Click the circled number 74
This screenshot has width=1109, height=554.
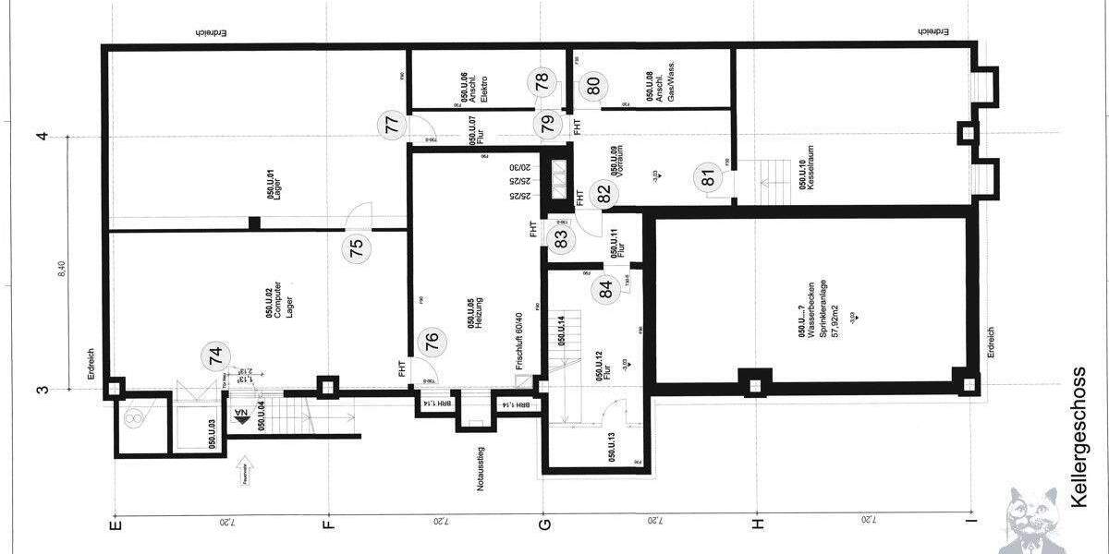[x=216, y=357]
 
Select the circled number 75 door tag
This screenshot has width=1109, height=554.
[x=358, y=247]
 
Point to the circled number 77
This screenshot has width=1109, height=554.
[x=392, y=126]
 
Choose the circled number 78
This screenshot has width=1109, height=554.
[x=546, y=80]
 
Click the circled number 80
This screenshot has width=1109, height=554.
[x=593, y=85]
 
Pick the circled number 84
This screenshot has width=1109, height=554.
[x=605, y=289]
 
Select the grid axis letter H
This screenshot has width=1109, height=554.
[x=758, y=524]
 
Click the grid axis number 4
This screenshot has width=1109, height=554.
[x=42, y=137]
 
